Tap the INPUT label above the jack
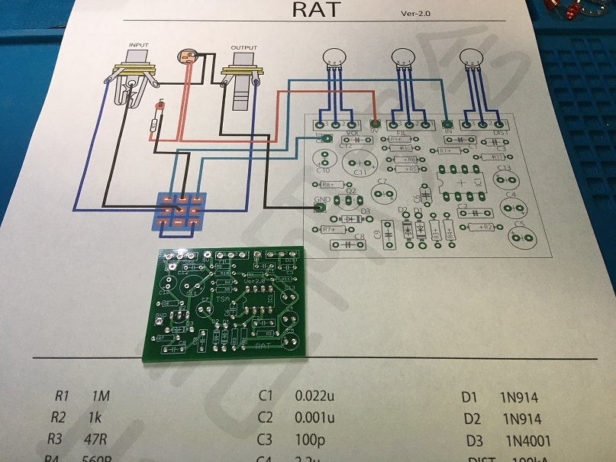pyautogui.click(x=138, y=46)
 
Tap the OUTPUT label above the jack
pyautogui.click(x=243, y=48)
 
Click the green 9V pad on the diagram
pyautogui.click(x=375, y=123)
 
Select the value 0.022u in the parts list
pyautogui.click(x=314, y=396)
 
